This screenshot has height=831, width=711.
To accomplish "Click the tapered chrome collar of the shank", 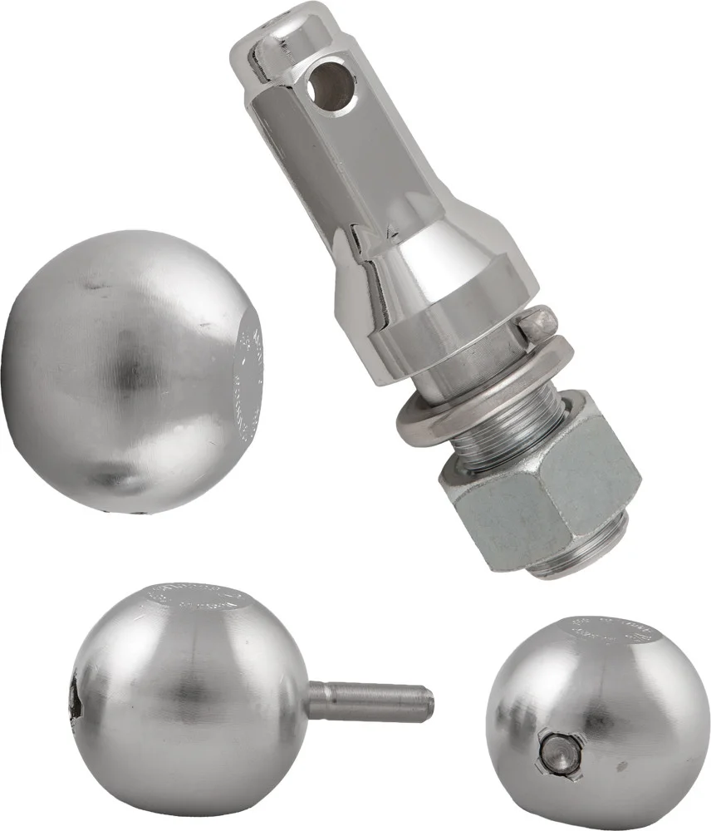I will coord(432,283).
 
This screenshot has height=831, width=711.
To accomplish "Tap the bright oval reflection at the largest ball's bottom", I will coord(116,479).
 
